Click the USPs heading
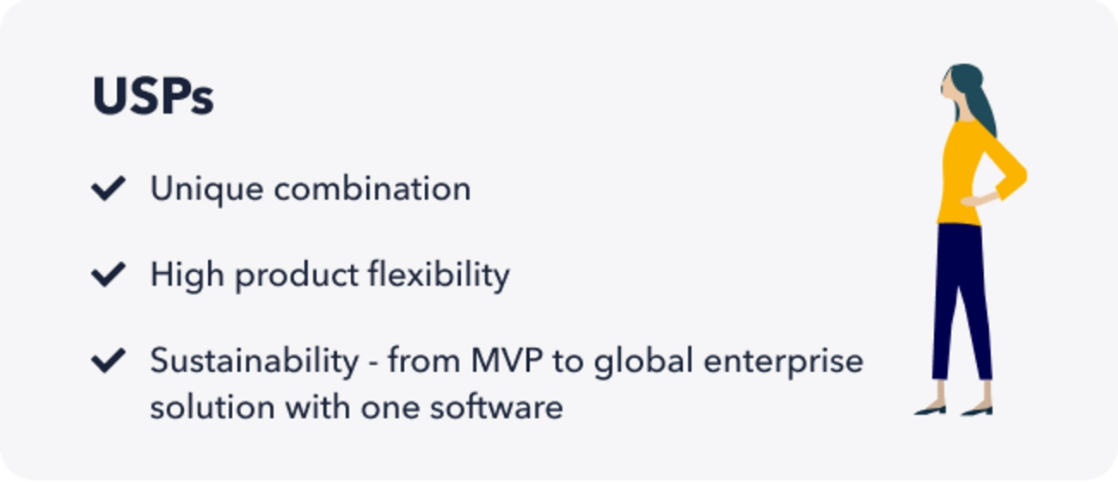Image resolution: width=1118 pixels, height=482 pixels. (x=153, y=96)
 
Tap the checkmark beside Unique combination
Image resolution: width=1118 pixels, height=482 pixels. (x=108, y=188)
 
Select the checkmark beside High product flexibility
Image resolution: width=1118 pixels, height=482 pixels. (x=108, y=275)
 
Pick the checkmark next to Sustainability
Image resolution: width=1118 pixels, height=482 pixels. (x=108, y=360)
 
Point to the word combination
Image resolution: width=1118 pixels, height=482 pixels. (x=372, y=188)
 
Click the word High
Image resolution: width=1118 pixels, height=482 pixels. (x=187, y=275)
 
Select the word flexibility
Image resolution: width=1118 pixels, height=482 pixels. (x=439, y=275)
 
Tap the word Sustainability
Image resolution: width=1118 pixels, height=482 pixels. (x=255, y=361)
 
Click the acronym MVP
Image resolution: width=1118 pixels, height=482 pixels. (x=507, y=360)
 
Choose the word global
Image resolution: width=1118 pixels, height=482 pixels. (x=643, y=361)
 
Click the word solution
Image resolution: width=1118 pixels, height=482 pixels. (x=212, y=406)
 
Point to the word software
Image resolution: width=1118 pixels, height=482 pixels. (x=496, y=406)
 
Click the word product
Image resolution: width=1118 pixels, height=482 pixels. (x=297, y=275)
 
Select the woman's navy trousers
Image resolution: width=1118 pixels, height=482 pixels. (x=961, y=300)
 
